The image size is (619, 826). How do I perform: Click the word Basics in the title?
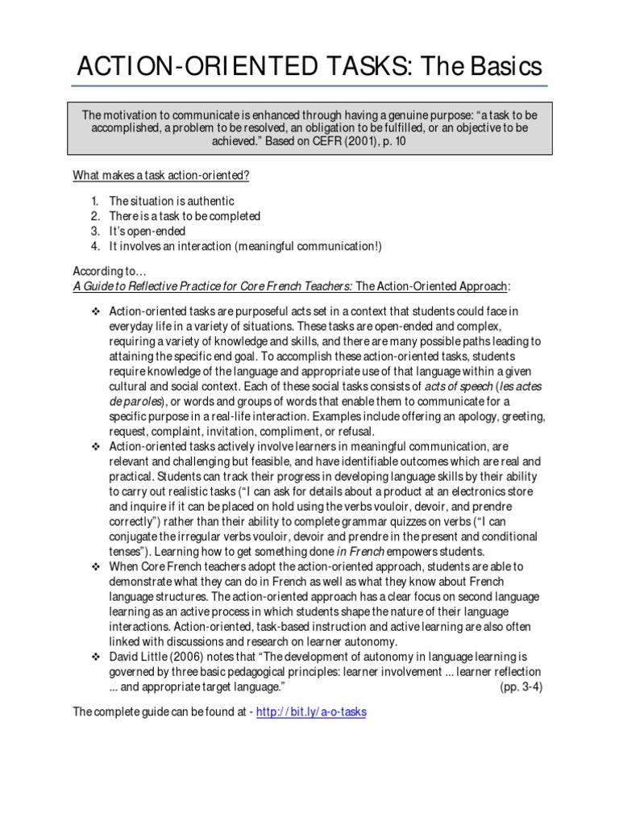[501, 65]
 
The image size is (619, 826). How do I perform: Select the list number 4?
[95, 246]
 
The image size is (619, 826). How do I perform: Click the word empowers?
[430, 552]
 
